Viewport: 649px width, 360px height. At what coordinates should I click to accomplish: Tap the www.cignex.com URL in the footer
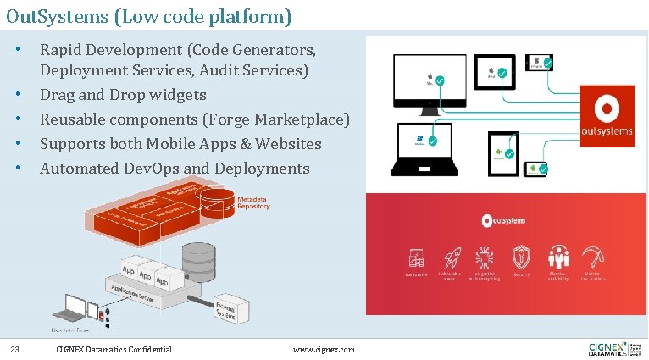click(324, 349)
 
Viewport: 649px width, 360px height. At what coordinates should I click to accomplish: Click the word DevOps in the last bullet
click(155, 169)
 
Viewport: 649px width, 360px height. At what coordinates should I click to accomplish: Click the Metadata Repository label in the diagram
click(254, 202)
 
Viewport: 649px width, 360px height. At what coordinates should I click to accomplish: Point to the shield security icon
click(521, 258)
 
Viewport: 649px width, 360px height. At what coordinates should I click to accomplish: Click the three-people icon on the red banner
click(558, 258)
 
